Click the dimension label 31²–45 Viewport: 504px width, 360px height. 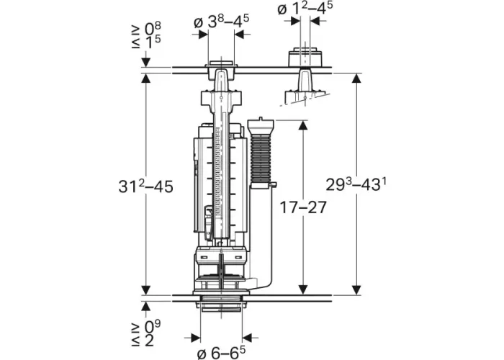coord(145,186)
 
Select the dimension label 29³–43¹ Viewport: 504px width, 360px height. coord(356,184)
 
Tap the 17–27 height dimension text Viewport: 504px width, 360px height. coord(303,207)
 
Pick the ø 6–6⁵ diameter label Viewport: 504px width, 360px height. coord(221,352)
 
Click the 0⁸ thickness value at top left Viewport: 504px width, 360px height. coord(153,28)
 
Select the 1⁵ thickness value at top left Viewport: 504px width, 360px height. coord(153,42)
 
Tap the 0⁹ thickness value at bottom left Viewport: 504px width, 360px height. coord(152,326)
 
